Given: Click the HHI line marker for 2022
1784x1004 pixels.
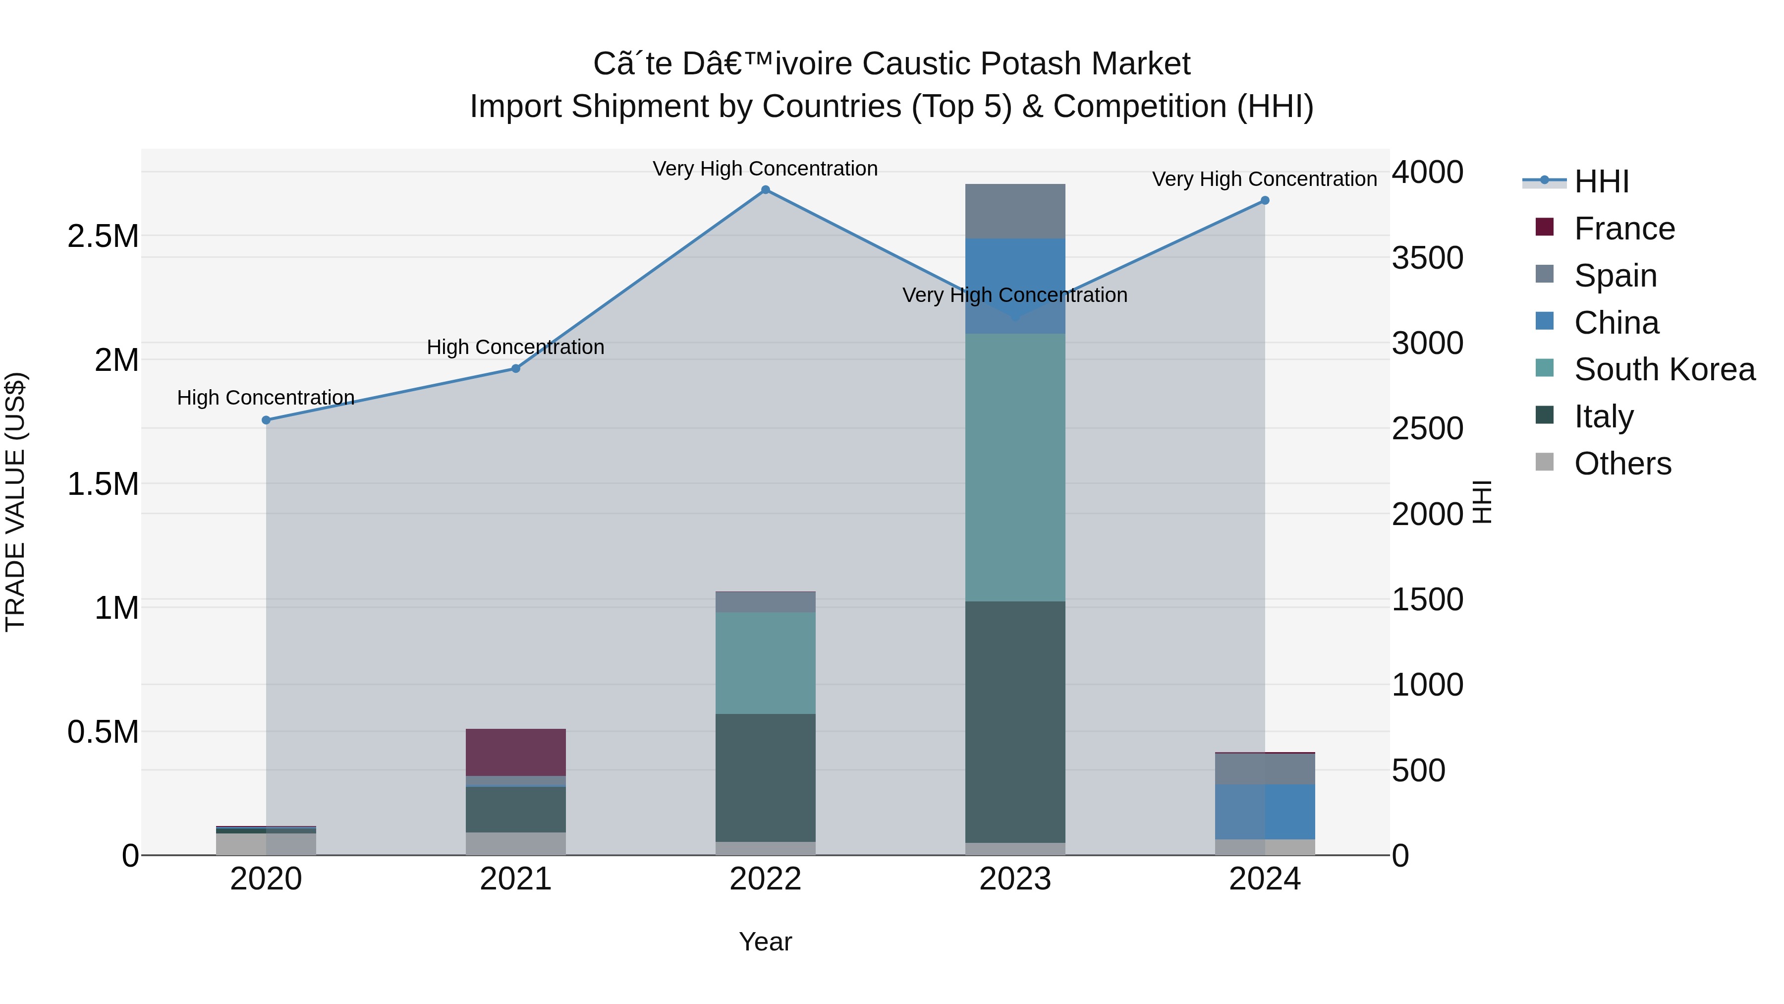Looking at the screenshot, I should (x=765, y=190).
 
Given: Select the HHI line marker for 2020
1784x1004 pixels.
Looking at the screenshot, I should (x=266, y=420).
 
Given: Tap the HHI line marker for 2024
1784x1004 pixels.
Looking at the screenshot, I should (x=1265, y=200).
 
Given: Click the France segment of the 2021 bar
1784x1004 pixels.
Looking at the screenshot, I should (x=515, y=753).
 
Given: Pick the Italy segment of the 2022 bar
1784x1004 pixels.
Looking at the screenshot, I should (x=765, y=777).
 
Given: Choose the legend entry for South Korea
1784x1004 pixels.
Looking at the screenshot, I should (x=1664, y=369).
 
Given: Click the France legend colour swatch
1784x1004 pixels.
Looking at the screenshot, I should (x=1544, y=227).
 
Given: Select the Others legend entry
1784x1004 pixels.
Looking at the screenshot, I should (x=1622, y=464).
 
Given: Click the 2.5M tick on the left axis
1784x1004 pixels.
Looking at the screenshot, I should (x=103, y=236).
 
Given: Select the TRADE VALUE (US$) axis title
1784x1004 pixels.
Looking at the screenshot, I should (x=15, y=502).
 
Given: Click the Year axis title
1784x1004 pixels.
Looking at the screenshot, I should (x=765, y=942).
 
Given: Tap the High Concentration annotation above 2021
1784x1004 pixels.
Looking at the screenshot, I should (x=515, y=347).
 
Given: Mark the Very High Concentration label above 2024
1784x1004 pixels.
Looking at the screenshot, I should (x=1265, y=179).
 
